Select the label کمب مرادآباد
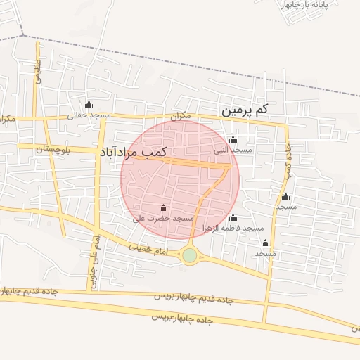point(133,151)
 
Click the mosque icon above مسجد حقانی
point(89,104)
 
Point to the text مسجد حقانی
point(89,115)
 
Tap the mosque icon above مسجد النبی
point(233,140)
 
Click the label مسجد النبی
point(233,150)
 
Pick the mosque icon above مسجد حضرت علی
point(164,208)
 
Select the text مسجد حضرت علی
point(163,219)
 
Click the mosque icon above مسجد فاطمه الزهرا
point(233,217)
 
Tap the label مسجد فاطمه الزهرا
point(233,228)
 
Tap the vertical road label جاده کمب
point(288,161)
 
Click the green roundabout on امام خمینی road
point(189,255)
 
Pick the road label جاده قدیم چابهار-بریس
point(194,299)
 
